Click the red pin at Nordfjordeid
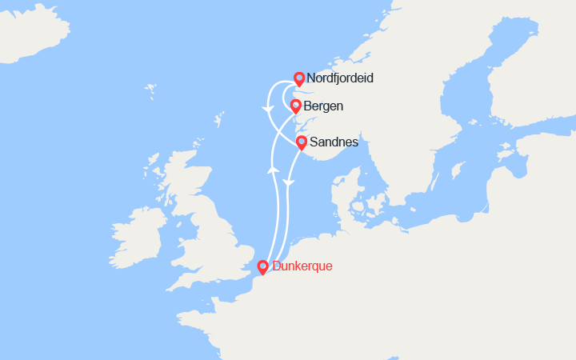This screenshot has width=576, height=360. click(298, 78)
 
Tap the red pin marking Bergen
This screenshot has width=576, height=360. click(295, 106)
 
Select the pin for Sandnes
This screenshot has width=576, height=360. click(302, 143)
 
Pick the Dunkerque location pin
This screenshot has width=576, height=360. click(262, 267)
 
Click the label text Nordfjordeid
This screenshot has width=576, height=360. click(340, 79)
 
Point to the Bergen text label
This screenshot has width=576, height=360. click(323, 106)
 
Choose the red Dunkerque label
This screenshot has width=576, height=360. click(302, 266)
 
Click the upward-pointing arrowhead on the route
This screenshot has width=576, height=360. click(272, 169)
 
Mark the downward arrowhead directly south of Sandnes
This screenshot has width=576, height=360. click(290, 184)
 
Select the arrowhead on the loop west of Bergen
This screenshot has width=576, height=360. click(266, 108)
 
